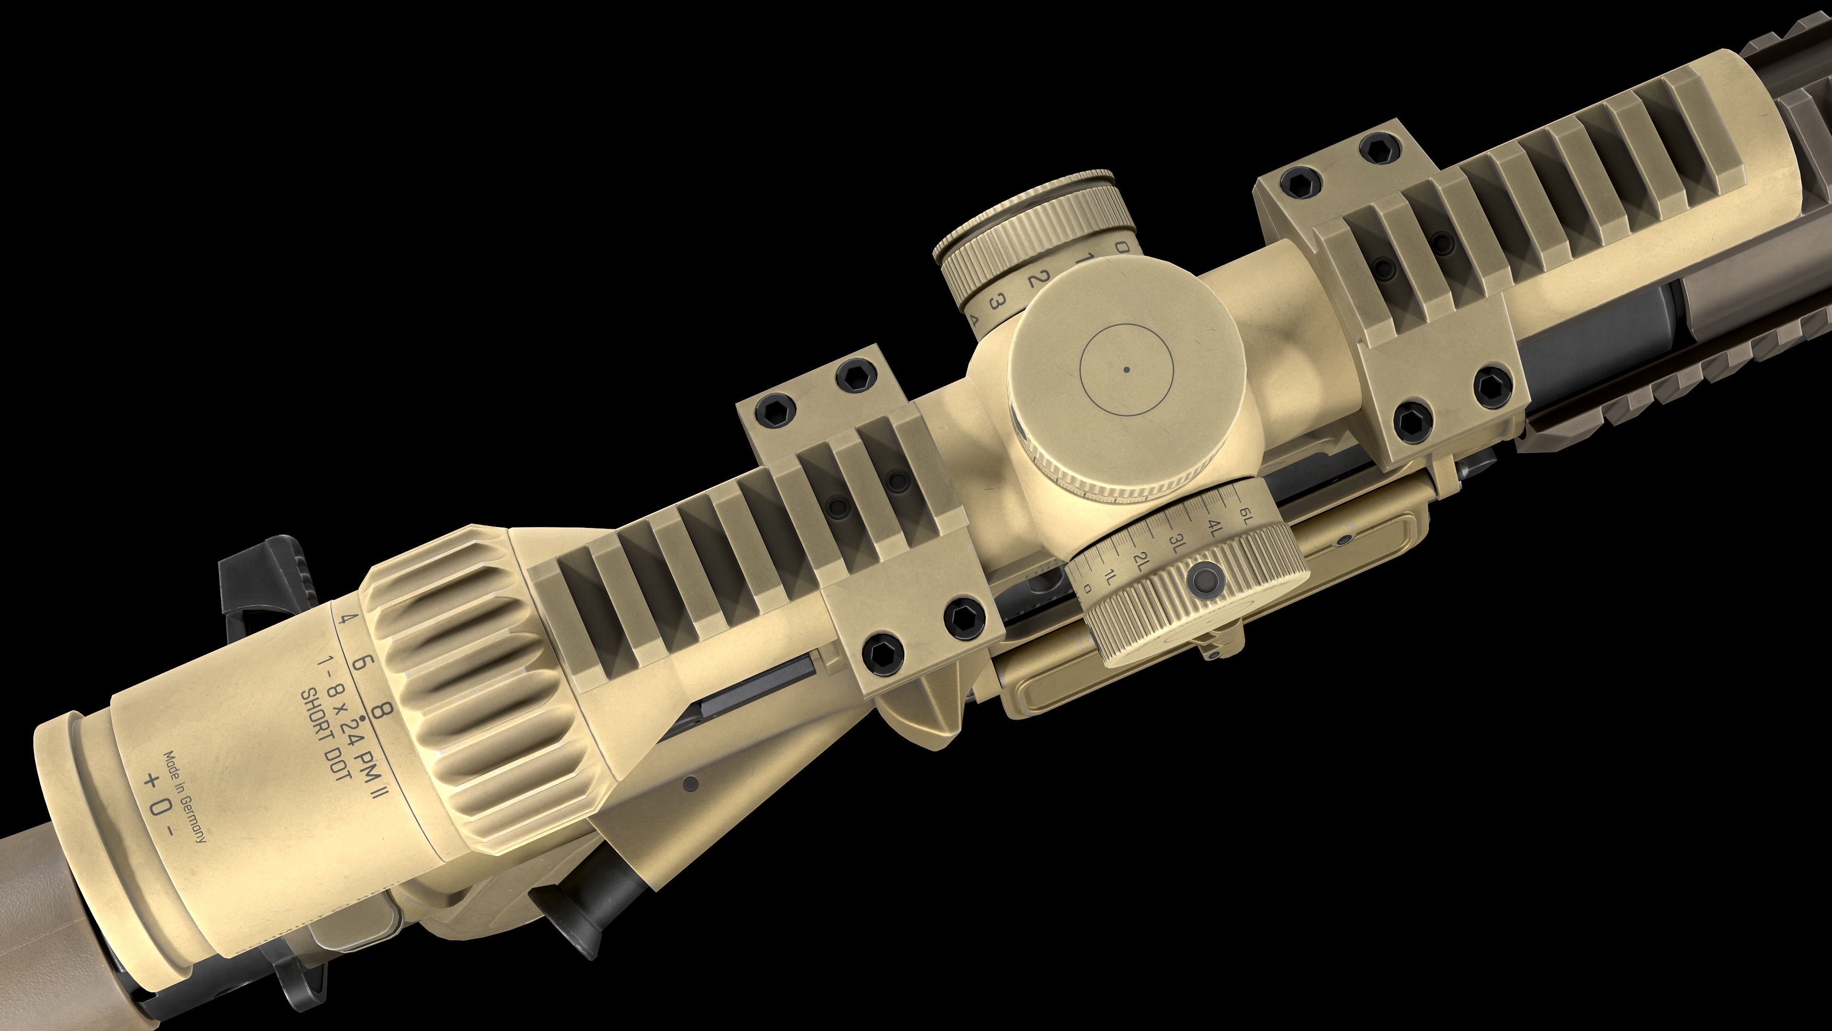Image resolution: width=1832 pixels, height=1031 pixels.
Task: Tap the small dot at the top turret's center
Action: click(1126, 369)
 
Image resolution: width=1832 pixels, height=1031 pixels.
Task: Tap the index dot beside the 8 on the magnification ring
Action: click(364, 719)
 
